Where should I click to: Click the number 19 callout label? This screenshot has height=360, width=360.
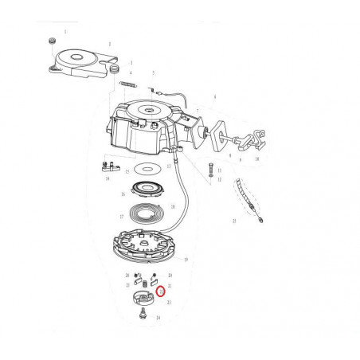pos(185,260)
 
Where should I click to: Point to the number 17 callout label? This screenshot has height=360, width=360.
pos(122,217)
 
